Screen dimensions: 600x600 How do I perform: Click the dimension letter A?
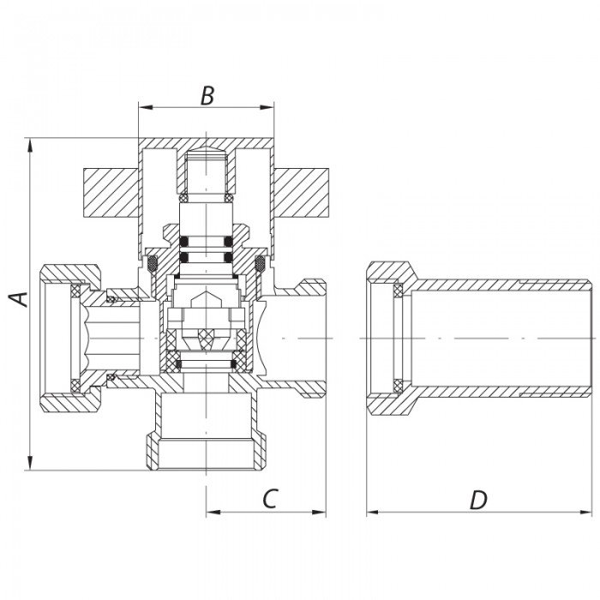click(x=19, y=299)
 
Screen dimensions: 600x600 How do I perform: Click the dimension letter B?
click(x=207, y=95)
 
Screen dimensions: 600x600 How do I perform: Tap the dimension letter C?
click(x=269, y=499)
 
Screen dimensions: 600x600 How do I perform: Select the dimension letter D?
click(x=478, y=500)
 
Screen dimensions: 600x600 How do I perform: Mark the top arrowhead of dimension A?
click(x=30, y=142)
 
